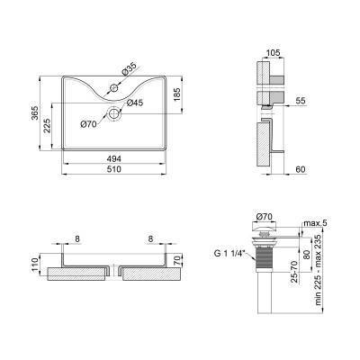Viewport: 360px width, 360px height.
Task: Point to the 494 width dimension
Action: tap(115, 159)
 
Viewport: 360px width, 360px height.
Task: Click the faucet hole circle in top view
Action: tap(115, 88)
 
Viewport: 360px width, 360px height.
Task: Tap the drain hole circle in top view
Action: tap(115, 114)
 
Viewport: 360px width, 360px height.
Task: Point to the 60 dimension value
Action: tap(300, 168)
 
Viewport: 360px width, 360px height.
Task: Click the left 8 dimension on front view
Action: tap(79, 239)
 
